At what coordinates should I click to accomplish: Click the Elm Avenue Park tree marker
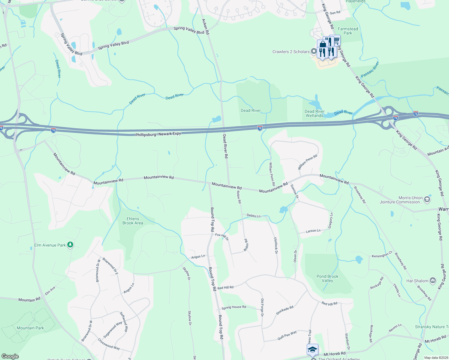tap(70, 245)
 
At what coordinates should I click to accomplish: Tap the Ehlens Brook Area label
tap(133, 221)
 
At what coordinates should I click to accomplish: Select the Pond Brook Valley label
tap(327, 278)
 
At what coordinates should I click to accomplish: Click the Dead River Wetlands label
tap(315, 113)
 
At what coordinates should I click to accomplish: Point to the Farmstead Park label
tap(348, 31)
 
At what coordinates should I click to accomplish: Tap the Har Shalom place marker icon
tap(432, 281)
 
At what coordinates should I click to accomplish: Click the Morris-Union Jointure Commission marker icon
tap(427, 199)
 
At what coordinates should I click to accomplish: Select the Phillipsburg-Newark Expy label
tap(158, 134)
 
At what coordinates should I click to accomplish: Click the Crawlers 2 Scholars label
tap(291, 52)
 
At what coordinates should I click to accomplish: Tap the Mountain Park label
tap(30, 328)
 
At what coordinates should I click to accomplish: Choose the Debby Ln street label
tap(254, 215)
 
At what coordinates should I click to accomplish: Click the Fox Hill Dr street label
tap(222, 237)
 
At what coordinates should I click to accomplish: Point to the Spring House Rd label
tap(234, 307)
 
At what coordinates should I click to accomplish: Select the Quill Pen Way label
tap(287, 335)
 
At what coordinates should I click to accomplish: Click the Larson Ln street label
tap(313, 231)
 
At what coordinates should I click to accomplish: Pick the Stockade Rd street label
tap(285, 310)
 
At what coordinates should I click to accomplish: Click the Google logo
tap(10, 356)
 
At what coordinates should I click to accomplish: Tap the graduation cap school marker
tap(312, 349)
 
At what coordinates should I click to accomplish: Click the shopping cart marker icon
tap(336, 40)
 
